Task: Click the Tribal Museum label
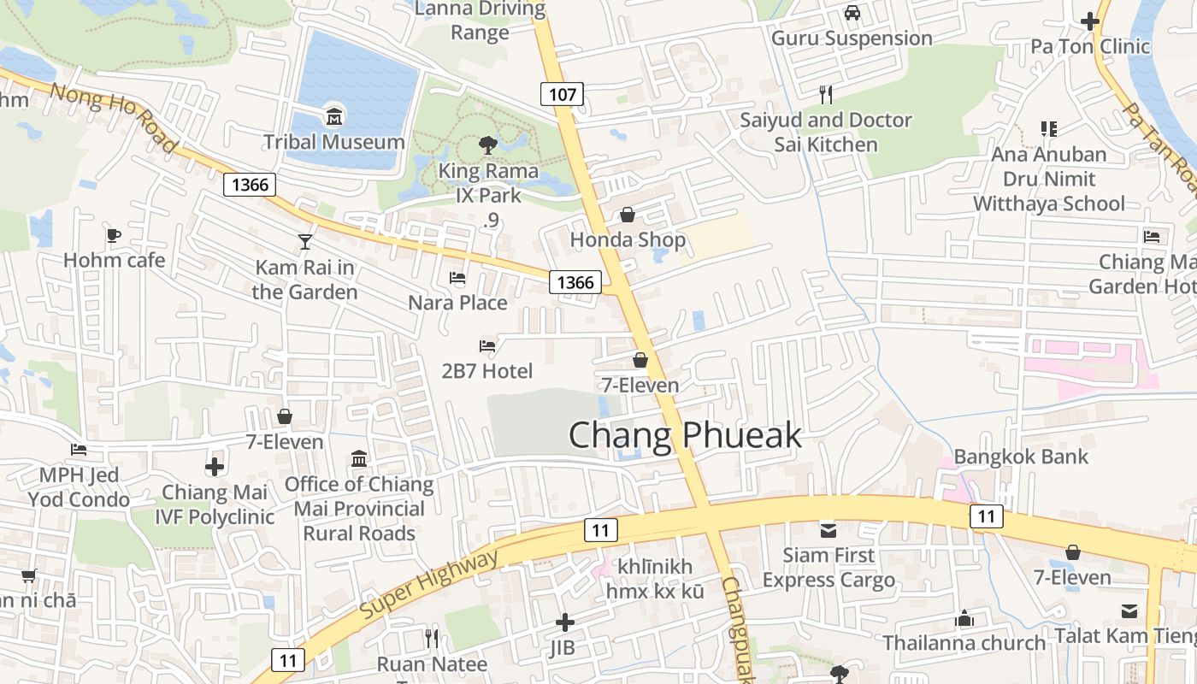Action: [333, 142]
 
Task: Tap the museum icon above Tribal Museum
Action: [333, 116]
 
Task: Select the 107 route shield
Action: [562, 94]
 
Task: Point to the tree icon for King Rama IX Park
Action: [487, 144]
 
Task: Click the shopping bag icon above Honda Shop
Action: [628, 215]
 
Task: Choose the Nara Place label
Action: [457, 303]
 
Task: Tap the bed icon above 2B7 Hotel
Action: [487, 346]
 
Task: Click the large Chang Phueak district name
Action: [685, 435]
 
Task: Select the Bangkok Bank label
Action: [1021, 457]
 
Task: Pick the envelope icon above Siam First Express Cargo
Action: [828, 530]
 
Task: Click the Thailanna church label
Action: [964, 643]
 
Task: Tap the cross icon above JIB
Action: [564, 622]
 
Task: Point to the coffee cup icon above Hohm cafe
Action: [114, 235]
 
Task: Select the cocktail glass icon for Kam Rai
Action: [304, 242]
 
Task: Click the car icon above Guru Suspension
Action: [852, 13]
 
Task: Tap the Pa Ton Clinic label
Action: [1090, 46]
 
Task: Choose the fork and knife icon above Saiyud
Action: [825, 94]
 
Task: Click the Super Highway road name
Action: [428, 587]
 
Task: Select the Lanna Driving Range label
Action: [480, 21]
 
